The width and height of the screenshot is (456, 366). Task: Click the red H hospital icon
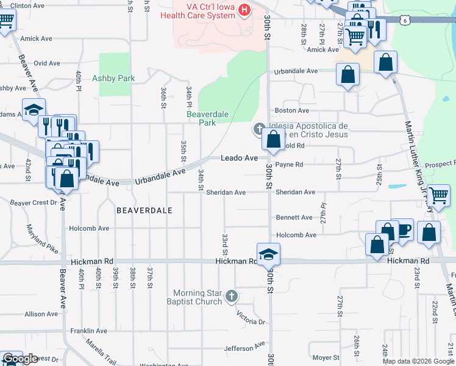point(244,10)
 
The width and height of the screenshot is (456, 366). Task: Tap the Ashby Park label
point(113,78)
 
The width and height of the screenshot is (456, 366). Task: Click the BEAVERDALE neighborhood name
point(144,210)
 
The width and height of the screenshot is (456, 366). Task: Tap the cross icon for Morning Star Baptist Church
point(230,296)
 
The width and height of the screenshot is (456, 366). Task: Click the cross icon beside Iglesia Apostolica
point(258,129)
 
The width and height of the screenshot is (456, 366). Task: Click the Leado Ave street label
point(239,157)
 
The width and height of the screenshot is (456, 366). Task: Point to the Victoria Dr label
point(251,319)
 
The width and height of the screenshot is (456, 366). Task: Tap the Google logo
point(20,359)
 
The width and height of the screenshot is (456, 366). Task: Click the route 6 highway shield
point(404,20)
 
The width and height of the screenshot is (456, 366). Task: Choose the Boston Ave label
point(292,110)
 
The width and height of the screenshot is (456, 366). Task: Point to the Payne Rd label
point(289,165)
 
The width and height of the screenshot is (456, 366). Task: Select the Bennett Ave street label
point(294,217)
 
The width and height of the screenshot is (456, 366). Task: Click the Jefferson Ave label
point(245,347)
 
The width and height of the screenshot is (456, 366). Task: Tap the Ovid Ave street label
point(47,63)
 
